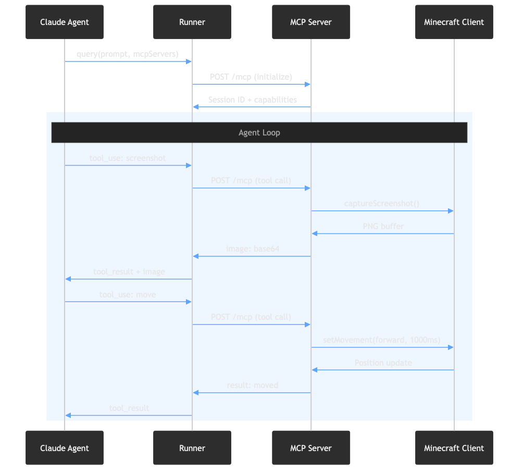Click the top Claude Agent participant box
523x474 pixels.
tap(65, 22)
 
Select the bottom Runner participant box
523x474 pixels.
tap(192, 448)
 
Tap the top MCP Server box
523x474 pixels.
tap(311, 22)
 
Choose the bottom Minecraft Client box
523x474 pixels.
tap(454, 448)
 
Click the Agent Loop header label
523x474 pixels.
tap(259, 133)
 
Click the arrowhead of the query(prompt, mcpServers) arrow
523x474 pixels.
tap(190, 61)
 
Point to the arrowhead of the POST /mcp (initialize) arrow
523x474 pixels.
tap(308, 84)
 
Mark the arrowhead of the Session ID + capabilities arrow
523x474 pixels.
tap(195, 107)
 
